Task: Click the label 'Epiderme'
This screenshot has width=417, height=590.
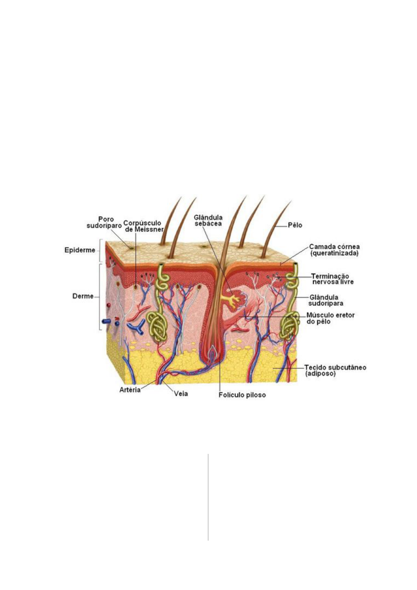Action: [x=80, y=250]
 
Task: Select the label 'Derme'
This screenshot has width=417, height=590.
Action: [x=83, y=296]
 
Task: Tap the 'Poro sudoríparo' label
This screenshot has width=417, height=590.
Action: [x=104, y=223]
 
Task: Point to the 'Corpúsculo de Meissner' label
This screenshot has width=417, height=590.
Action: [x=143, y=226]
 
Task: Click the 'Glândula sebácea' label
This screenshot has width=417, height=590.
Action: [x=208, y=220]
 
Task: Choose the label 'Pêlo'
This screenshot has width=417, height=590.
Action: [x=295, y=225]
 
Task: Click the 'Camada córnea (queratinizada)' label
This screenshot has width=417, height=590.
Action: [x=334, y=250]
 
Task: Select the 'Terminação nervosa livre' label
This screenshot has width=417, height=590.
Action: [x=332, y=279]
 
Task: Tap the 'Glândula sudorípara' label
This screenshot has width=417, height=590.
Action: [x=325, y=300]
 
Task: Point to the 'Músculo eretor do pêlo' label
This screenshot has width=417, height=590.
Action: [x=330, y=318]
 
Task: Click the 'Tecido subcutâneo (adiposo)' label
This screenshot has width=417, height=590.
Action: [x=335, y=371]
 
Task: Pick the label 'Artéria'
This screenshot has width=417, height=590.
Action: [x=130, y=390]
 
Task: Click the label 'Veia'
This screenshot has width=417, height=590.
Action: [x=181, y=394]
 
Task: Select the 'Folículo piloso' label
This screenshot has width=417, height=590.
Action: [x=242, y=395]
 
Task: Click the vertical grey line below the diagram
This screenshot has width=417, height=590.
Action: [x=208, y=497]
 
